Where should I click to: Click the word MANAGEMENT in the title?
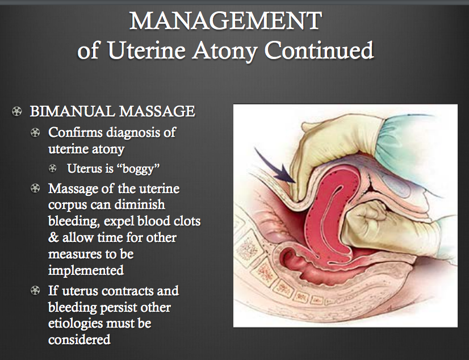tap(225, 21)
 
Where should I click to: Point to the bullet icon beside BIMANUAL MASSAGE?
tap(16, 111)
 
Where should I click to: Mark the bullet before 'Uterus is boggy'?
tap(53, 168)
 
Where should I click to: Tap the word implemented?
tap(86, 270)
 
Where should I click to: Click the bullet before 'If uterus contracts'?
tap(36, 291)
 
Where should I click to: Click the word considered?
tap(79, 340)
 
